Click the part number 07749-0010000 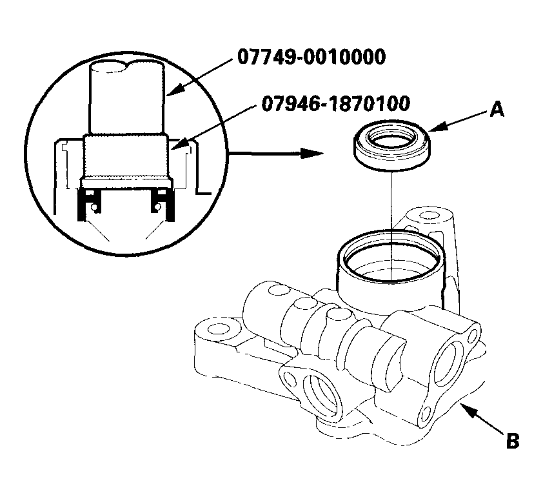point(311,57)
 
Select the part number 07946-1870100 point(336,103)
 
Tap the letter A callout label point(495,111)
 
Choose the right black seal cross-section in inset point(161,206)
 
